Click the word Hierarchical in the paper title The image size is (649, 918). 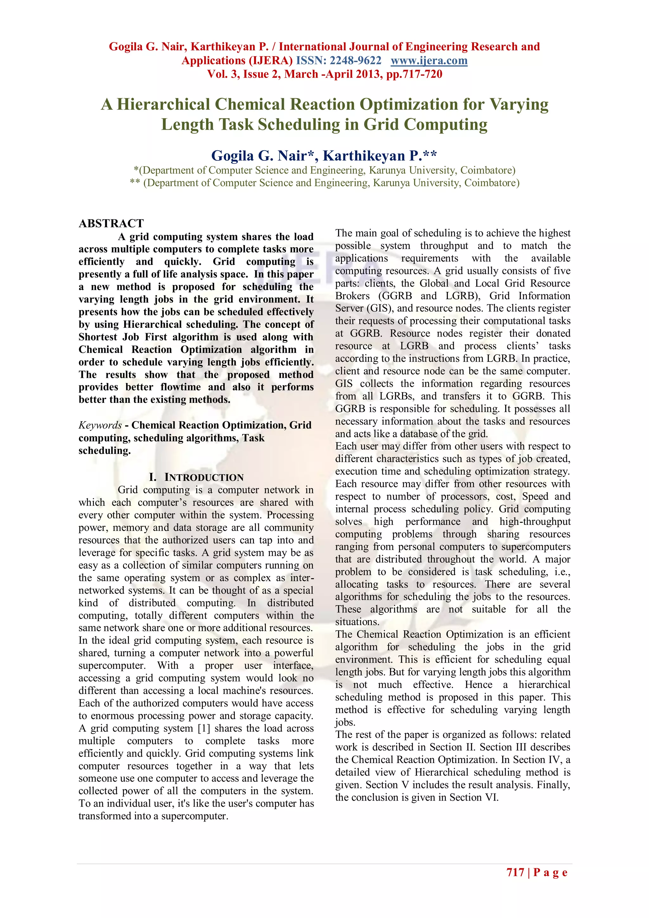pos(163,104)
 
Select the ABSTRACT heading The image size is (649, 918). pos(111,223)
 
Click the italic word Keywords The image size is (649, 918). pos(100,425)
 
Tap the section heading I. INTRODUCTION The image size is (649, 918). pos(196,477)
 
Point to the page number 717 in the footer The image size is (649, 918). pos(515,872)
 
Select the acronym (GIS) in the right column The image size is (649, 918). pos(379,308)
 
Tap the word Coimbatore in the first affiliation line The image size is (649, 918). pos(488,170)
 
